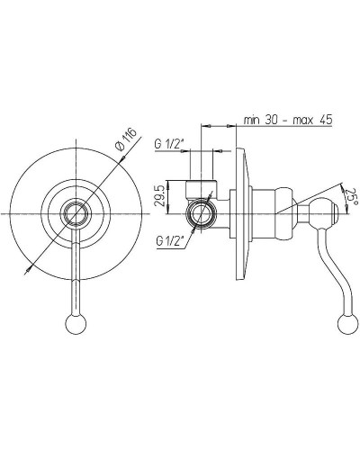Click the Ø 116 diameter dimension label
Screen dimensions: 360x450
[x=126, y=139]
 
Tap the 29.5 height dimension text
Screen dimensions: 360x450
[x=160, y=195]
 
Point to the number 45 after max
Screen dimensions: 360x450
[x=326, y=120]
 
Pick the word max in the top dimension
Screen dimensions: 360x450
[x=303, y=121]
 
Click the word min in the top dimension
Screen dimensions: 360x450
[x=251, y=120]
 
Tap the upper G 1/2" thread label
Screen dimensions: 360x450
[x=168, y=144]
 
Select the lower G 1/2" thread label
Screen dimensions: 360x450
[x=169, y=240]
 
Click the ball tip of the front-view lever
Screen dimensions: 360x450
[x=76, y=324]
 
